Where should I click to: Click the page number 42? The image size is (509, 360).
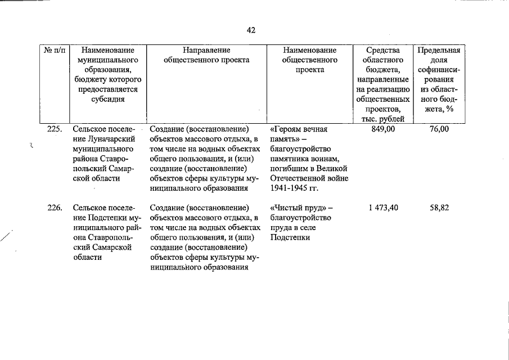tap(251, 30)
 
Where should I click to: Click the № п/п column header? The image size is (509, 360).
tap(55, 50)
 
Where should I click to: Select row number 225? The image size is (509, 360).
tap(55, 129)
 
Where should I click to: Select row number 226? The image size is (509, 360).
tap(55, 208)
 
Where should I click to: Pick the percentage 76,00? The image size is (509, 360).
tap(439, 129)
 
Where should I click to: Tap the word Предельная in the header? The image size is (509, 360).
tap(439, 50)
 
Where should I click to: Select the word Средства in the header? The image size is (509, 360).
tap(382, 50)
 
